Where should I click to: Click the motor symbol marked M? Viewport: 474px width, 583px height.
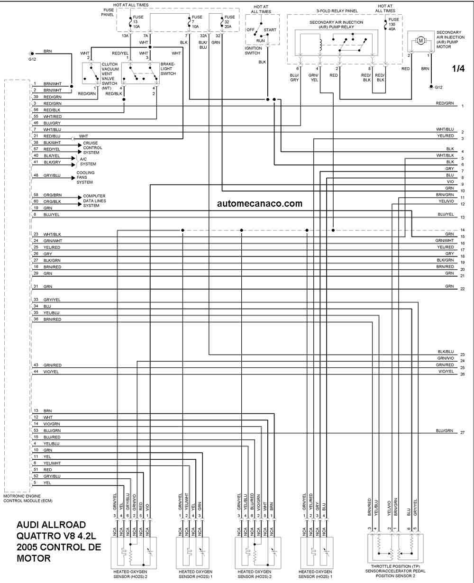coord(420,41)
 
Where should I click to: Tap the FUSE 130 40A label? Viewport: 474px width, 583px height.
coord(393,24)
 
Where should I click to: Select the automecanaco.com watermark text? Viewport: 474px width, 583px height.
coord(260,203)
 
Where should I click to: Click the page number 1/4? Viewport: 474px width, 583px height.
coord(458,68)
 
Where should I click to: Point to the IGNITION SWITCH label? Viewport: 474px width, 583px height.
coord(253,51)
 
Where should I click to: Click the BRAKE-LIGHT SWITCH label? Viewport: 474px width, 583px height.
coord(168,69)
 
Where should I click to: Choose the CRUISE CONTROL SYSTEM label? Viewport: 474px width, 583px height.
coord(93,148)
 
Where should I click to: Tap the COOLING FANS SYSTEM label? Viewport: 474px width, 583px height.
coord(85,177)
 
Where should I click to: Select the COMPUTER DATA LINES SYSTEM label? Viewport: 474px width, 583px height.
coord(94,200)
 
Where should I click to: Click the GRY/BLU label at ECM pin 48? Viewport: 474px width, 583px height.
coord(52,175)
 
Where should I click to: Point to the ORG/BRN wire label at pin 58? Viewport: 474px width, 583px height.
coord(52,195)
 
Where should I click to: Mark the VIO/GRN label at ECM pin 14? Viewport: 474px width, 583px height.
coord(52,424)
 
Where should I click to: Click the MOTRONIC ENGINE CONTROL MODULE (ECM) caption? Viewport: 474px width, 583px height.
coord(27,498)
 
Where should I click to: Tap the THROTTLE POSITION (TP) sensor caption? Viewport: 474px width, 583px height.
coord(395,571)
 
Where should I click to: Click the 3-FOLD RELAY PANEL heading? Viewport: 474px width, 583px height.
coord(337,11)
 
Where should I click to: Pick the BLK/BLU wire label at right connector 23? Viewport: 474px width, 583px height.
coord(446,352)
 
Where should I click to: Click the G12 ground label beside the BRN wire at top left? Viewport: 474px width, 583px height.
coord(32,59)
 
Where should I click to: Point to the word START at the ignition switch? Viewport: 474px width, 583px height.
coord(270,30)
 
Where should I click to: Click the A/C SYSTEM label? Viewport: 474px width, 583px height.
coord(88,162)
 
